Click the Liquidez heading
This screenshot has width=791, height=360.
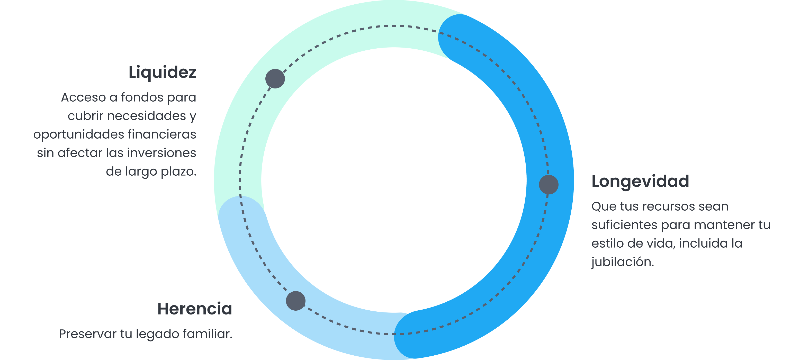pyautogui.click(x=162, y=73)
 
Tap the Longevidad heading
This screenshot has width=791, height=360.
pyautogui.click(x=640, y=181)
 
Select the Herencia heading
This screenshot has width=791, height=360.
pyautogui.click(x=195, y=309)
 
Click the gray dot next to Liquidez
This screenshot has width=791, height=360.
pyautogui.click(x=275, y=79)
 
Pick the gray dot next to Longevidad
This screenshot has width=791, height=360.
pyautogui.click(x=549, y=185)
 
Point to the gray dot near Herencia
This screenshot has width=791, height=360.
pyautogui.click(x=296, y=301)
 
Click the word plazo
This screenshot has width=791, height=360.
pyautogui.click(x=178, y=172)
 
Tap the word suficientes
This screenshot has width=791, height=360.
pyautogui.click(x=624, y=225)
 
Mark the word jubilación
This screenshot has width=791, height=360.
pyautogui.click(x=622, y=262)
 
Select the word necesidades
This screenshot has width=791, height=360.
pyautogui.click(x=147, y=116)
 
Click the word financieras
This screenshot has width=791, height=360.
pyautogui.click(x=161, y=134)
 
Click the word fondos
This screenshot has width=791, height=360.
pyautogui.click(x=142, y=97)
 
